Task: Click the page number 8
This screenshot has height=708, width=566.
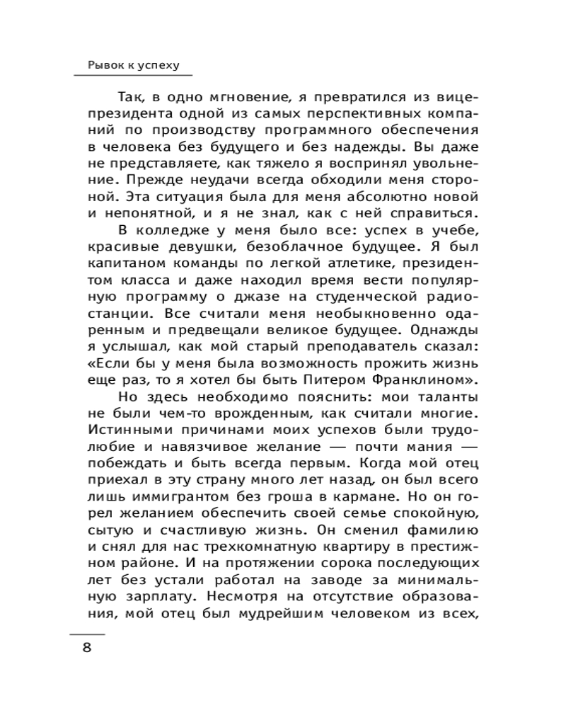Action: tap(88, 648)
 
